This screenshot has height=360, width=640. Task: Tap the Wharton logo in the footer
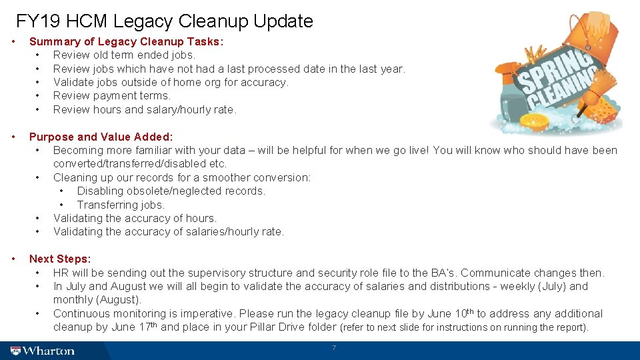[43, 351]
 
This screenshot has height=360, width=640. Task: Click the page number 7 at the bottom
[334, 348]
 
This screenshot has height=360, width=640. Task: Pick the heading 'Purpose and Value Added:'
[101, 137]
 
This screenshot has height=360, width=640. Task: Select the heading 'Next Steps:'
[60, 259]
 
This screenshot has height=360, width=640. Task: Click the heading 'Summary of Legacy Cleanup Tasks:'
[127, 41]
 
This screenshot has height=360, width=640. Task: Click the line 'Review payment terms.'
[112, 95]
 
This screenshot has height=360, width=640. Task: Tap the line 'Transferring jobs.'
[121, 205]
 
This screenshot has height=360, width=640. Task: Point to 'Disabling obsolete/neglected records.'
[171, 191]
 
